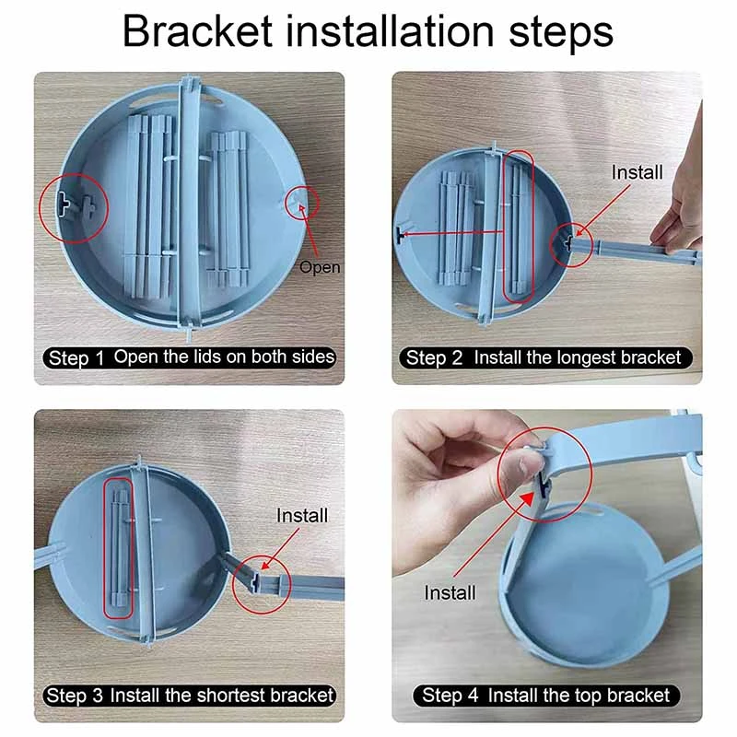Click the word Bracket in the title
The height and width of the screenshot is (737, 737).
point(197,31)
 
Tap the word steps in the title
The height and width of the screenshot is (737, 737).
point(561,34)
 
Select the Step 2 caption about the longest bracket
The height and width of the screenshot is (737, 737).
point(545,358)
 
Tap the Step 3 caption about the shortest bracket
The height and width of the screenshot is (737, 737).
point(190,696)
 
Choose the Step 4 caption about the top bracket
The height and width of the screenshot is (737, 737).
point(546,696)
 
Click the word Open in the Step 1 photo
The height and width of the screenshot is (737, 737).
point(320,267)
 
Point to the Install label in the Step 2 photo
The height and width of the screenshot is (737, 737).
point(637,172)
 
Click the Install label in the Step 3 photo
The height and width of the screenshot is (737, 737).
point(302,516)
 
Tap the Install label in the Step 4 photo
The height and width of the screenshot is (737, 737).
point(450,592)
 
